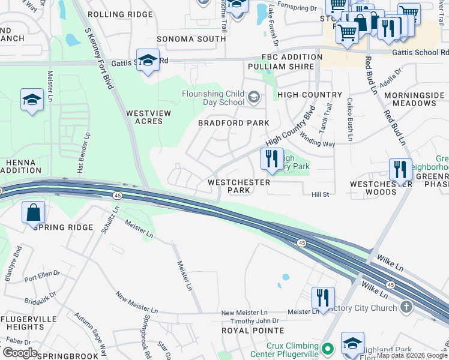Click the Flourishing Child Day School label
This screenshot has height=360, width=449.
[x=213, y=98]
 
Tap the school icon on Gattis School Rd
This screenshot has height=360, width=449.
[x=147, y=61]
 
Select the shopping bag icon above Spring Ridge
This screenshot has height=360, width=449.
[x=33, y=212]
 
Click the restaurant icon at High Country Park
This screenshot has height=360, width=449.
[x=272, y=158]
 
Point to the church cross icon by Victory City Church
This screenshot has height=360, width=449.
[x=407, y=308]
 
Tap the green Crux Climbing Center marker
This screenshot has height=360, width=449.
[x=327, y=348]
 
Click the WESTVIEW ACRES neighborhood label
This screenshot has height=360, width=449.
[x=144, y=117]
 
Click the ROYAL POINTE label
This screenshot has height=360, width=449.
[x=253, y=331]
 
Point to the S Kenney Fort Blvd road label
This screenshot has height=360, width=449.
[x=99, y=58]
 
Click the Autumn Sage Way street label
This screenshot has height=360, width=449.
[x=90, y=334]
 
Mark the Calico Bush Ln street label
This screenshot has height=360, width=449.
[x=349, y=121]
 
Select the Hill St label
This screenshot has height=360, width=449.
[x=320, y=194]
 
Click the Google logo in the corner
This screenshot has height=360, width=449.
[x=19, y=353]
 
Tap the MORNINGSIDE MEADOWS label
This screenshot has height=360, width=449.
[x=414, y=99]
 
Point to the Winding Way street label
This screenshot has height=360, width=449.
[x=318, y=140]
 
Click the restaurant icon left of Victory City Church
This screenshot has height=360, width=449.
[x=323, y=298]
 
